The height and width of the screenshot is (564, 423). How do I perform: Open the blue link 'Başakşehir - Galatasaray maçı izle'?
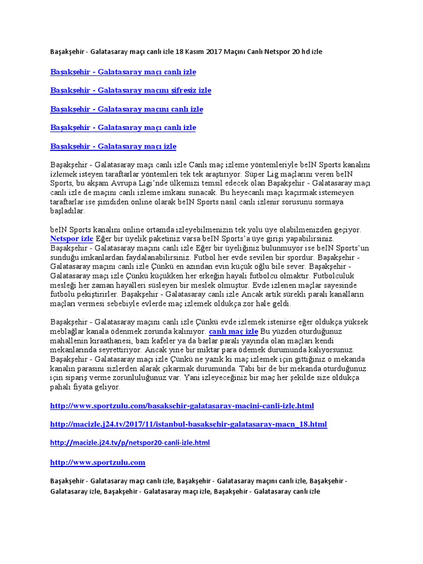click(113, 147)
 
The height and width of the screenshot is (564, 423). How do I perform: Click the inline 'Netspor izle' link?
click(72, 239)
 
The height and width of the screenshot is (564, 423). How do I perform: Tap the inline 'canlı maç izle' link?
click(234, 332)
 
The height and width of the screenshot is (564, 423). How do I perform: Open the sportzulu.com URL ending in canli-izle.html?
click(182, 406)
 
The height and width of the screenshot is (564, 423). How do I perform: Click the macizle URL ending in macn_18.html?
click(188, 425)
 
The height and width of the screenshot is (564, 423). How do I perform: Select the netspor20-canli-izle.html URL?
click(130, 443)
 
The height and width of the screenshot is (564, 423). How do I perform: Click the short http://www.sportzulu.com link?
click(97, 462)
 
